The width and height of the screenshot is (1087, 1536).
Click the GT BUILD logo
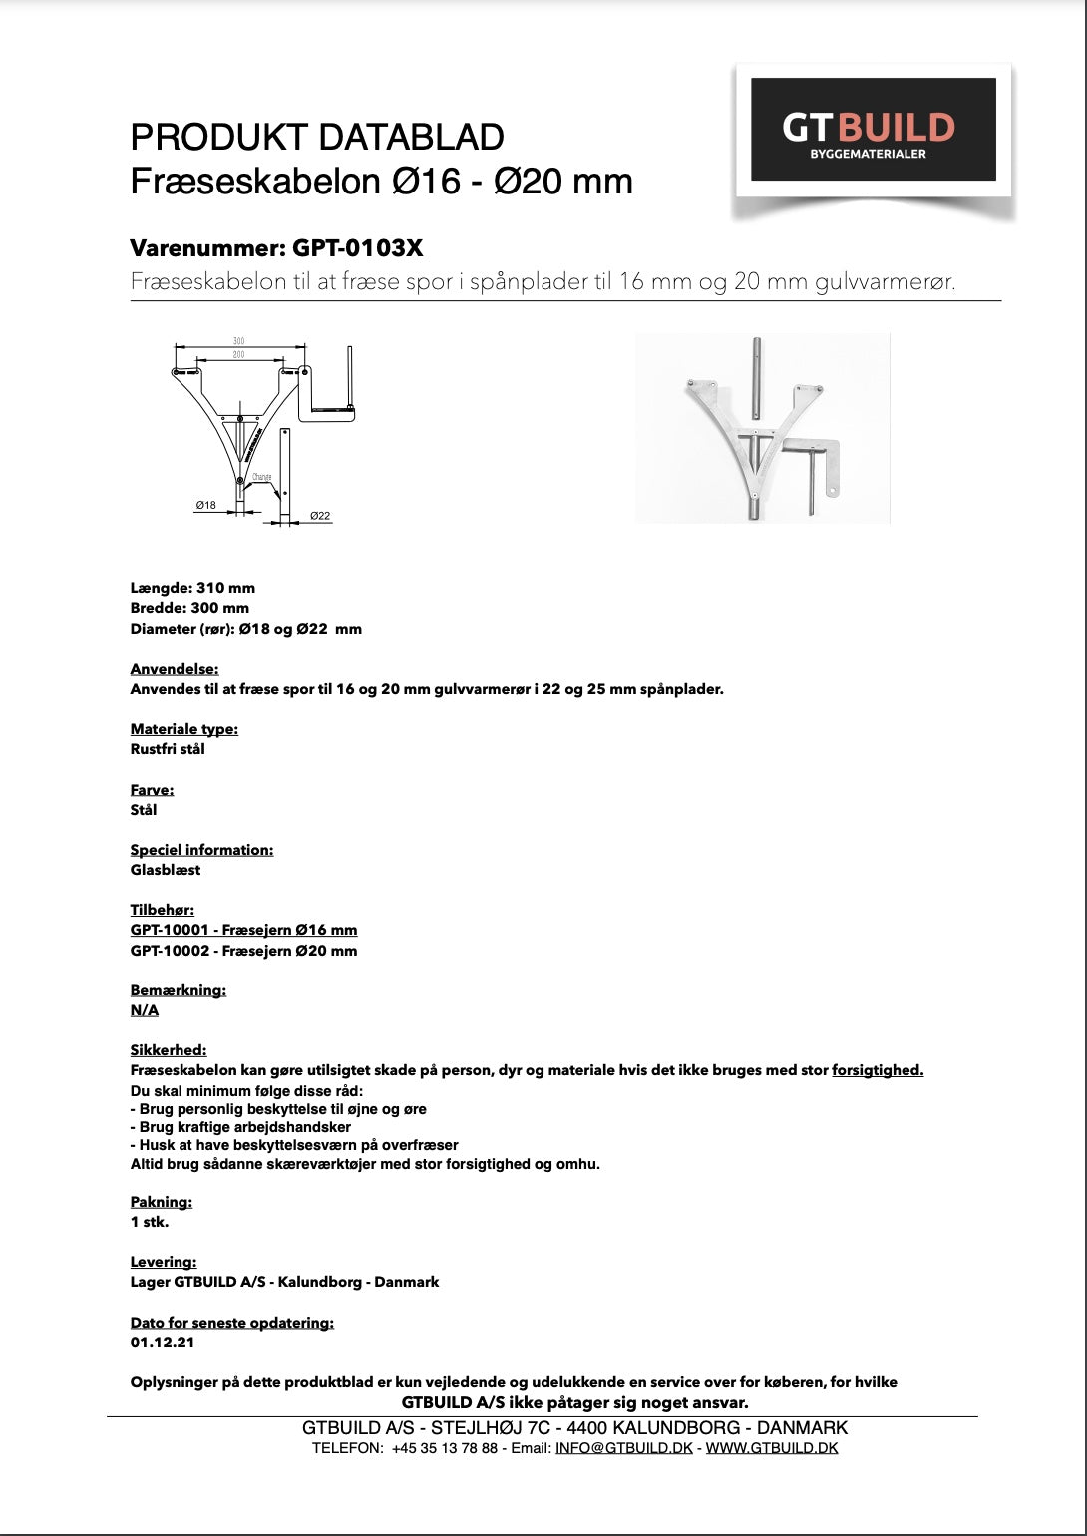pyautogui.click(x=873, y=130)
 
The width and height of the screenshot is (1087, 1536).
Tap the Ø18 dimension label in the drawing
pyautogui.click(x=205, y=505)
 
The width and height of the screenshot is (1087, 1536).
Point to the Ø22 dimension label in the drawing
pyautogui.click(x=320, y=516)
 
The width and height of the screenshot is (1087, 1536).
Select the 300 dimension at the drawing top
pyautogui.click(x=239, y=341)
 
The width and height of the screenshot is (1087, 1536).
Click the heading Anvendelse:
pyautogui.click(x=175, y=669)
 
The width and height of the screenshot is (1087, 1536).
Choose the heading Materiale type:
pyautogui.click(x=184, y=729)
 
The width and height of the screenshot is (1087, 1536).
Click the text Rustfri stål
pyautogui.click(x=168, y=749)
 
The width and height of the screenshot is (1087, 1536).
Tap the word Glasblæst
pyautogui.click(x=166, y=870)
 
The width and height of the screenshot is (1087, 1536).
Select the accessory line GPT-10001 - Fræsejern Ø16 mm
pyautogui.click(x=243, y=930)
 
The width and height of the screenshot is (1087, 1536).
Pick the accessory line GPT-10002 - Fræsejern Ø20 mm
pyautogui.click(x=243, y=951)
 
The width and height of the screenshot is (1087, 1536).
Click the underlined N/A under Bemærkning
pyautogui.click(x=145, y=1010)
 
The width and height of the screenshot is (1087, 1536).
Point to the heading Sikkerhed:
pyautogui.click(x=169, y=1050)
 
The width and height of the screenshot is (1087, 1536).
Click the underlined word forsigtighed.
pyautogui.click(x=878, y=1070)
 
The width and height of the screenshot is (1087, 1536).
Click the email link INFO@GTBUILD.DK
pyautogui.click(x=623, y=1448)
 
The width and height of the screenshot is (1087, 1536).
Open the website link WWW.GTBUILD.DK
pyautogui.click(x=772, y=1448)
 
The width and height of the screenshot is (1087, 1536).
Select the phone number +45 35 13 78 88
pyautogui.click(x=444, y=1448)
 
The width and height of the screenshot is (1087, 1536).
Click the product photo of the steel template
pyautogui.click(x=762, y=427)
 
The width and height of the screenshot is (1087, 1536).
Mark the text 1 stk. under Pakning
pyautogui.click(x=150, y=1222)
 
